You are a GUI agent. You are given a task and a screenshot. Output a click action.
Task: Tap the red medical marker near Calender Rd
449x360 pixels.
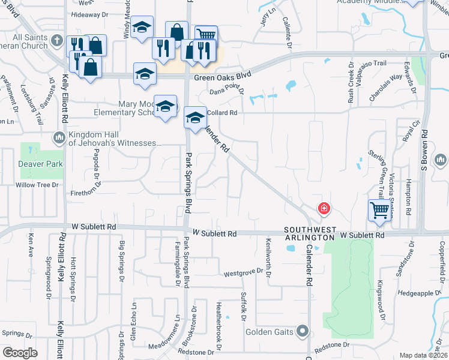pos(324,209)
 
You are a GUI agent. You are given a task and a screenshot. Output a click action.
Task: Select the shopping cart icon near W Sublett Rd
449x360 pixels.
pos(379,211)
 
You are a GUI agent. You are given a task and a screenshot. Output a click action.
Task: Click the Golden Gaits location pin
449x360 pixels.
pos(303,331)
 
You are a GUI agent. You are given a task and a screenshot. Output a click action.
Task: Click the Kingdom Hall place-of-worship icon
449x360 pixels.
pos(59,139)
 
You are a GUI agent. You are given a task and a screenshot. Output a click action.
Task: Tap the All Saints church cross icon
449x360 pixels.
pos(57,41)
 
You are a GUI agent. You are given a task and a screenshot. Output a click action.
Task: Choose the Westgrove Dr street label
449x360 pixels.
pos(244,272)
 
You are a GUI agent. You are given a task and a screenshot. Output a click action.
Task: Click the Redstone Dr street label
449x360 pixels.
pos(331,344)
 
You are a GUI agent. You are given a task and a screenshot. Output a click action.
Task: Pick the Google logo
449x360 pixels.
pos(20,353)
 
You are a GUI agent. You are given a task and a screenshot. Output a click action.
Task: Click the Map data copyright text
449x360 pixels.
pos(423,355)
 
